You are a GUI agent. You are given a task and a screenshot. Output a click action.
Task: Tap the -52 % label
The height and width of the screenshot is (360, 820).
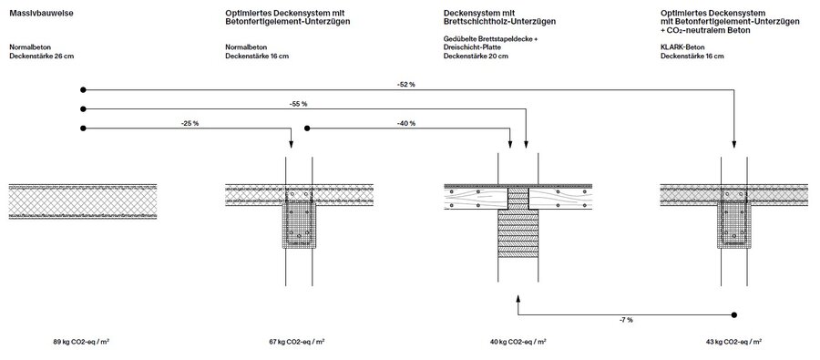click(406, 84)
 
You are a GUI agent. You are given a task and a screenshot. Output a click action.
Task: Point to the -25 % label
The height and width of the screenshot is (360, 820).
click(189, 122)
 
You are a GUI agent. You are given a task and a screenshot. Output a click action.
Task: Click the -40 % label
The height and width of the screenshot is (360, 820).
click(406, 122)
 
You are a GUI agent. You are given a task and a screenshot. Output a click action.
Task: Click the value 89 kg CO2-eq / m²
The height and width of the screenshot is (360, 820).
click(83, 342)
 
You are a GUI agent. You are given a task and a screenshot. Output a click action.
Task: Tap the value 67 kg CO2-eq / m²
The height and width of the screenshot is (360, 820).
click(299, 342)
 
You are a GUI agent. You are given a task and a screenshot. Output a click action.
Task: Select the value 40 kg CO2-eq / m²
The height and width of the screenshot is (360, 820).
click(517, 342)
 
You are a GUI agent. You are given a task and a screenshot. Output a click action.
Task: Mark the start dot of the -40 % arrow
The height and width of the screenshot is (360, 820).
click(307, 128)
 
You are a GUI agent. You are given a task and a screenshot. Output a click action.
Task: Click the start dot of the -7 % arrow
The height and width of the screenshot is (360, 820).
click(734, 314)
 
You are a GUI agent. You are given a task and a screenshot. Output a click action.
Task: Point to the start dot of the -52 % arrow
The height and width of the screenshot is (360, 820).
click(83, 89)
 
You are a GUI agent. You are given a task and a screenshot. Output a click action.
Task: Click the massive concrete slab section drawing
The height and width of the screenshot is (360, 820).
click(83, 201)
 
